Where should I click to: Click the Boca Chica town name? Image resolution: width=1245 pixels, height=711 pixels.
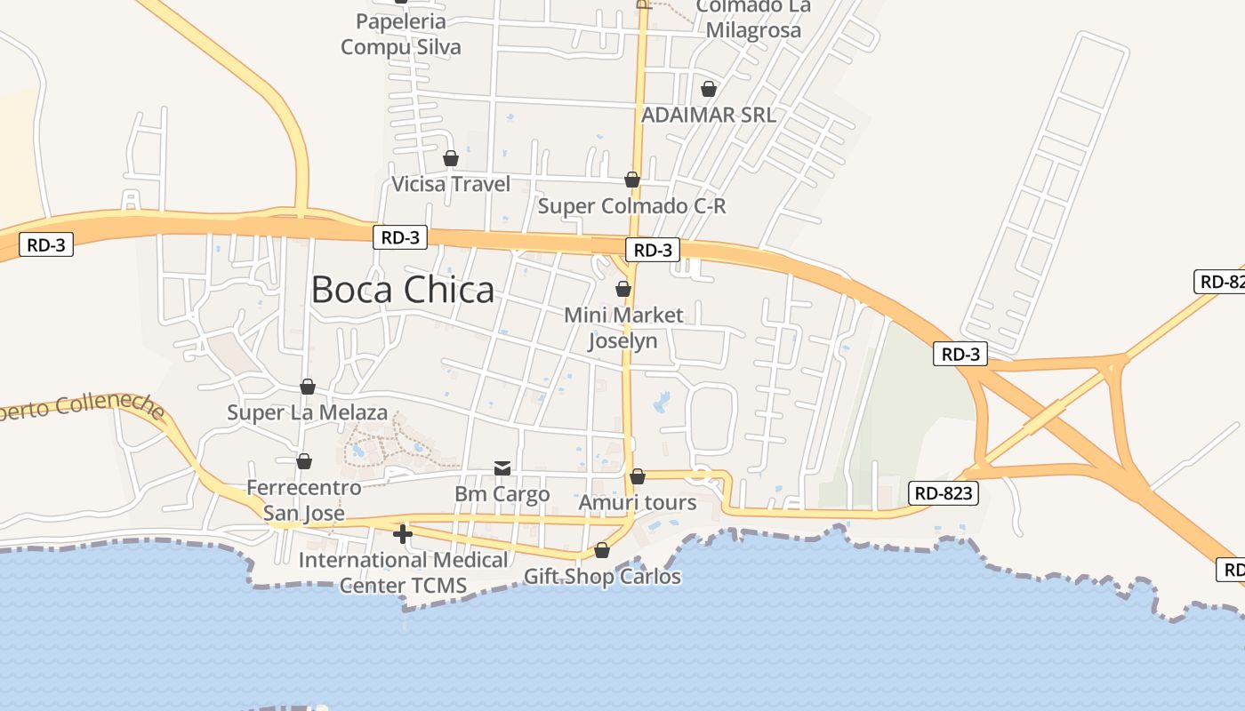click(402, 290)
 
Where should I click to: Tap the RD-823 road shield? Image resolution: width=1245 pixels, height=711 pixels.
click(944, 493)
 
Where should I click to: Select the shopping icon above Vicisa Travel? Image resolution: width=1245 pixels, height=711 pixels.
click(451, 158)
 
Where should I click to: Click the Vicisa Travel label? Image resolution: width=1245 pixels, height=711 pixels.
click(452, 184)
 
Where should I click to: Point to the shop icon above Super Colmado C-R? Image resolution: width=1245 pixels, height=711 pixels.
click(632, 180)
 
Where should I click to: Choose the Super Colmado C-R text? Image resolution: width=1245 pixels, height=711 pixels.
click(632, 206)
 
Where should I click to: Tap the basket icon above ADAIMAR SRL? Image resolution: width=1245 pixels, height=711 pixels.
click(709, 89)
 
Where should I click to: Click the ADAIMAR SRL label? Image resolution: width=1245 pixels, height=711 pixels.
click(709, 115)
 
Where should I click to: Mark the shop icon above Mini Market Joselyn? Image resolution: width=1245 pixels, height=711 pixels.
click(623, 289)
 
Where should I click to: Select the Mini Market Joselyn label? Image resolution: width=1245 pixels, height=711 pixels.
click(623, 327)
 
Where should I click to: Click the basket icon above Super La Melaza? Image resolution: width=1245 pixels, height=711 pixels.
click(308, 387)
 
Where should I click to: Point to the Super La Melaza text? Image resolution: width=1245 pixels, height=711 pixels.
click(308, 412)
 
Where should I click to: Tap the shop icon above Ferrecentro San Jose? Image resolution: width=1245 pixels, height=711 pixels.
click(304, 461)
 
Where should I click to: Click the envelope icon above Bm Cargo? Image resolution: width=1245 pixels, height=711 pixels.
click(502, 467)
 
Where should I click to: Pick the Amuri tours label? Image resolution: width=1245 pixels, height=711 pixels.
click(638, 503)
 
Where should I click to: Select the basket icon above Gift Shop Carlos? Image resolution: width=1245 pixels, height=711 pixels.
click(602, 550)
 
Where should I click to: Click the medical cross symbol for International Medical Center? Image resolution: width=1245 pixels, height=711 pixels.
click(403, 534)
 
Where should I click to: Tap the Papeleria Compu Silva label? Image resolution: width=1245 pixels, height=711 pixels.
click(401, 34)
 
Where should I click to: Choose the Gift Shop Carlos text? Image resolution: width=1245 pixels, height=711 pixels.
click(602, 577)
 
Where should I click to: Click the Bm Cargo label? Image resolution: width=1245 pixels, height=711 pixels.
click(502, 494)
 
